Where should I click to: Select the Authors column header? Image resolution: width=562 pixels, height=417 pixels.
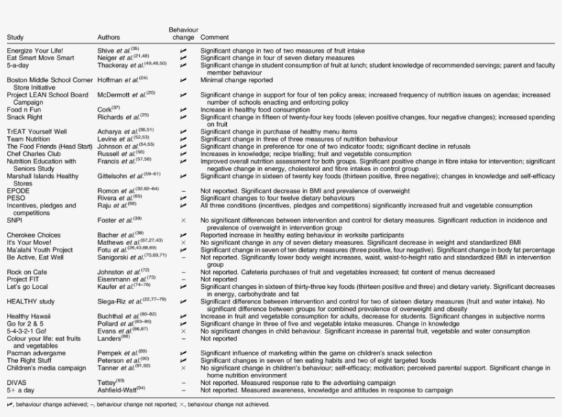coord(110,37)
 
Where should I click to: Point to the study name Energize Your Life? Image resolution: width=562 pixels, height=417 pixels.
coord(34,51)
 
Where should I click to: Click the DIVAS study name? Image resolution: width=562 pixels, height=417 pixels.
coord(16,382)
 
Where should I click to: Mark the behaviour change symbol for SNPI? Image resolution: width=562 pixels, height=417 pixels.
coord(183,219)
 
